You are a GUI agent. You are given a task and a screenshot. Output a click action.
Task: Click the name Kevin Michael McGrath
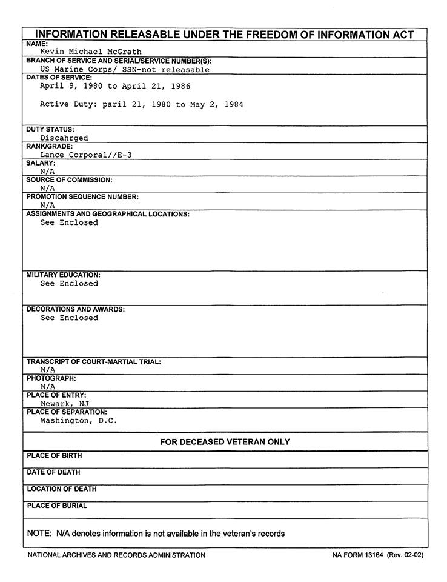[91, 52]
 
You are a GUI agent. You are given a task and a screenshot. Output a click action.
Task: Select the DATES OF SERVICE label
[59, 78]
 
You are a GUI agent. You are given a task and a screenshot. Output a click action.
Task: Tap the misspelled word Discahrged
[64, 138]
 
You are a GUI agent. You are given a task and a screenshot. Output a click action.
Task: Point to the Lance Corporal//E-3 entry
[86, 155]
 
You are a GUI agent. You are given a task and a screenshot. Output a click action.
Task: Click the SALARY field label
[41, 163]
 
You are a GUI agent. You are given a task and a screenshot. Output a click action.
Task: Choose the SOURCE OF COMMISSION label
[70, 180]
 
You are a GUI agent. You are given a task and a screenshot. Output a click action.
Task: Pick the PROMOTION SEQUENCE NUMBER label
[82, 197]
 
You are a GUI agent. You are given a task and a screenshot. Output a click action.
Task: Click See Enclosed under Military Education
[69, 284]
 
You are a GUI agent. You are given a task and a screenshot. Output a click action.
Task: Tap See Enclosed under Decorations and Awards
[69, 318]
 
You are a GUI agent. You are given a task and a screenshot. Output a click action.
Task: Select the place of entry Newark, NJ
[65, 404]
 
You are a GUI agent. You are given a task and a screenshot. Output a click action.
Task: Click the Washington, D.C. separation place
[79, 421]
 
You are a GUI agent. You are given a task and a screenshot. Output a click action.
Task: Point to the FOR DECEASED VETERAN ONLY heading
[225, 442]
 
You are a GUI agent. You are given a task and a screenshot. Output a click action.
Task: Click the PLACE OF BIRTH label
[54, 456]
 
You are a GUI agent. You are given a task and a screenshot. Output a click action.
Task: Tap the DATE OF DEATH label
[53, 472]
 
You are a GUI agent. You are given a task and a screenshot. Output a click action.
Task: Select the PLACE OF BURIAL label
[57, 506]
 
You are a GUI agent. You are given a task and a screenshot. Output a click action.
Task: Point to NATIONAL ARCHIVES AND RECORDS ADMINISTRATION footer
[116, 555]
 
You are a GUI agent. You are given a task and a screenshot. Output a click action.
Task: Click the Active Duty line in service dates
[142, 105]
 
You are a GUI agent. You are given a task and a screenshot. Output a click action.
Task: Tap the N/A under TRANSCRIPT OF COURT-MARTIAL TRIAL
[48, 370]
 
